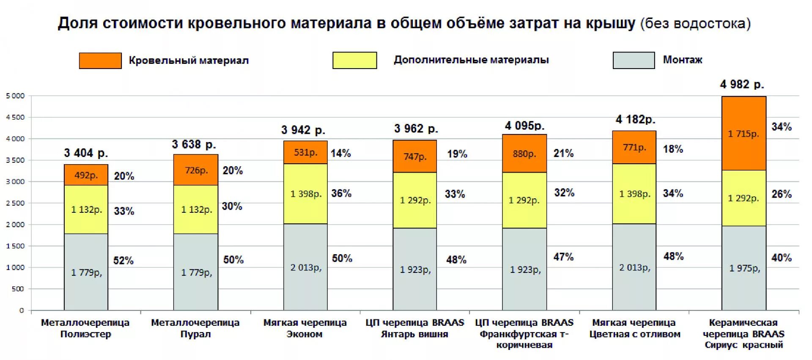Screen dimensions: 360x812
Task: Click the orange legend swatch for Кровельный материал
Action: [x=100, y=60]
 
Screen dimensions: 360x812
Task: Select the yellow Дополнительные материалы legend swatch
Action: [x=354, y=60]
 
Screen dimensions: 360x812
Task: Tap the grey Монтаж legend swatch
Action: [x=634, y=60]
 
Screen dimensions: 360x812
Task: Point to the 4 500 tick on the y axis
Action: [x=16, y=117]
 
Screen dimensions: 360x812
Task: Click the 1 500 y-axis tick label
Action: [x=16, y=246]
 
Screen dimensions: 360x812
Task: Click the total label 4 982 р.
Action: [x=742, y=85]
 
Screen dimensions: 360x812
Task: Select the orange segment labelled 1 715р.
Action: [x=743, y=134]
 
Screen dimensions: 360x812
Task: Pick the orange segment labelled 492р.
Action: [x=86, y=175]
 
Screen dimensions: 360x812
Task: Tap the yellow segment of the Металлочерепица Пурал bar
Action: [x=196, y=209]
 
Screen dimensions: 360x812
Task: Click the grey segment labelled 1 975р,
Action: [x=743, y=268]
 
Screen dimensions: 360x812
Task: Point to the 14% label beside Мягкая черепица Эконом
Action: [x=340, y=153]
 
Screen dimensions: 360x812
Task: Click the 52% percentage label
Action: [x=123, y=261]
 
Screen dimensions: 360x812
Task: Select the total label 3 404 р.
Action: [x=86, y=153]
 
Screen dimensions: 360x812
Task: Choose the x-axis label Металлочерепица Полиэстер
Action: [x=85, y=328]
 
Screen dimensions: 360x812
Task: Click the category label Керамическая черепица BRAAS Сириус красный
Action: [x=743, y=334]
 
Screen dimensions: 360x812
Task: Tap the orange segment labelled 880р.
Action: [x=524, y=154]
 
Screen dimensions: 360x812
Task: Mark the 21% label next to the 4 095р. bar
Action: [x=563, y=153]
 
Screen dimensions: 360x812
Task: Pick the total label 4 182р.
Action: [x=635, y=120]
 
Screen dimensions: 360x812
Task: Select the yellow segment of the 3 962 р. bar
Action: [x=414, y=200]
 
